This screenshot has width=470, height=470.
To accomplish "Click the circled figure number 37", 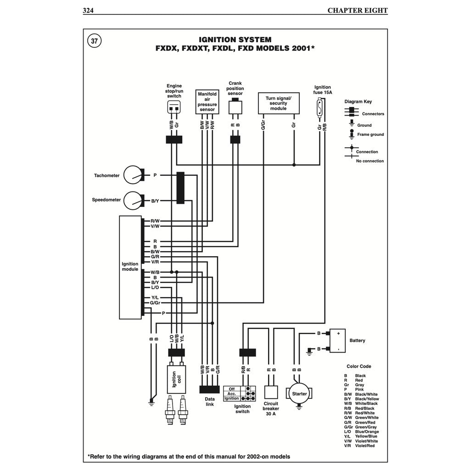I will [94, 41].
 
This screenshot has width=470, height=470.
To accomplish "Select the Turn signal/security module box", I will [279, 103].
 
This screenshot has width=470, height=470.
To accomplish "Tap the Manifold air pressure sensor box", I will [207, 101].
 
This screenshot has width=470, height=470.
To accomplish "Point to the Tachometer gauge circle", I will [134, 175].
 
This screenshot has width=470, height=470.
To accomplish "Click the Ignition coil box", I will [176, 379].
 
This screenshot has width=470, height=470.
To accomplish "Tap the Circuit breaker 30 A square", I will [271, 393].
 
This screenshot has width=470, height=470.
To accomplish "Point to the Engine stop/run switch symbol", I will [174, 108].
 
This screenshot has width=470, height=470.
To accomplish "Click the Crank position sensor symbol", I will [235, 106].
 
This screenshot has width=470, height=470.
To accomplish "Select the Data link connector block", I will [209, 389].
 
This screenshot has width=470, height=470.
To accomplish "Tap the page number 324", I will [88, 10].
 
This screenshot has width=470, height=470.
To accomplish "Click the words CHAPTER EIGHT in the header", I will [357, 10].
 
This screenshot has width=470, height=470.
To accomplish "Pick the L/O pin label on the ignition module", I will [155, 287].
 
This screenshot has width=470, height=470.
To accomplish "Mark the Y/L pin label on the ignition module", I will [155, 298].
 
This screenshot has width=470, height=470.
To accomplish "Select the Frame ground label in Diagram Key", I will [370, 134].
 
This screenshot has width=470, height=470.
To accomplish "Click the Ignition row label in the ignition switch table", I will [231, 398].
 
